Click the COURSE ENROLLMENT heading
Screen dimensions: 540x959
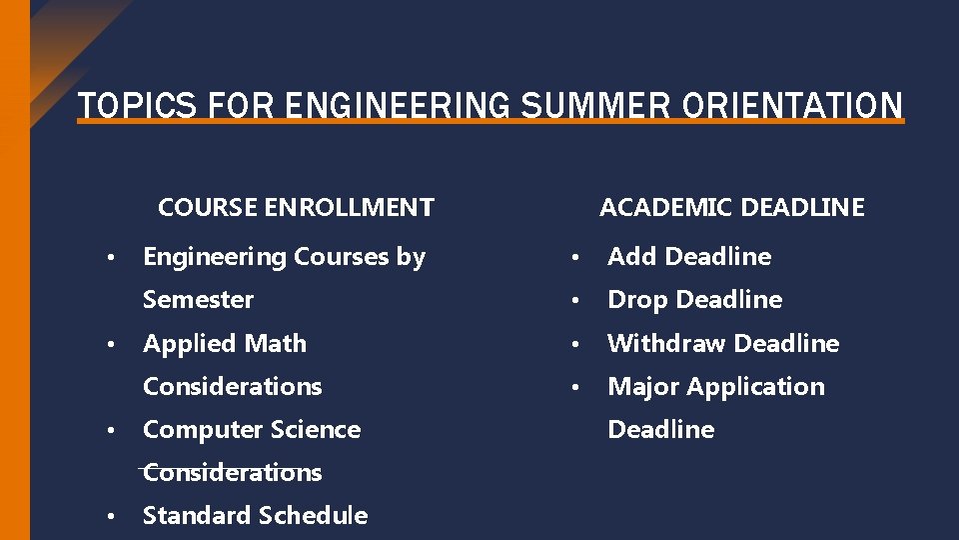[296, 208]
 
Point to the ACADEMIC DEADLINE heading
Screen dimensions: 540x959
[731, 208]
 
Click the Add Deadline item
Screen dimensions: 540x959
[689, 257]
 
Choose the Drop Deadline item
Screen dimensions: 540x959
[694, 300]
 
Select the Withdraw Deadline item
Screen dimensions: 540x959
[723, 343]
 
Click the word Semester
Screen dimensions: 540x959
[198, 300]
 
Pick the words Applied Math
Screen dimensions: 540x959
[225, 343]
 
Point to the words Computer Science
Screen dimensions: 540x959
[252, 430]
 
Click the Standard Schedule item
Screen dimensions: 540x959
[255, 516]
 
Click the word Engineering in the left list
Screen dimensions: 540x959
[214, 257]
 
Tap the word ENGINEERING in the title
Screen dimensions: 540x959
[396, 105]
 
